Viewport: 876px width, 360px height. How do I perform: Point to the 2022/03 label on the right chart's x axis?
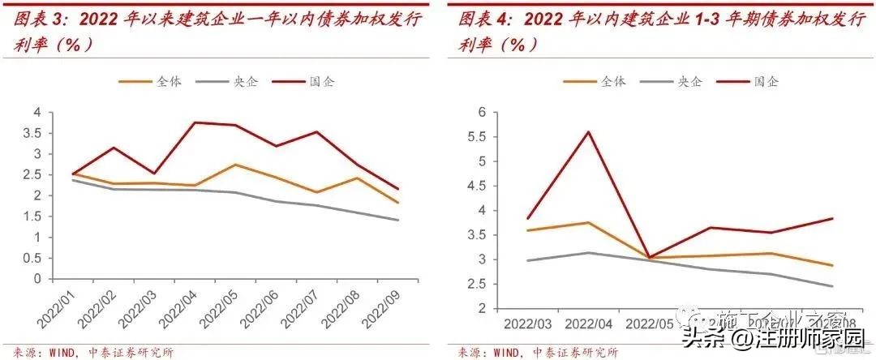coord(526,324)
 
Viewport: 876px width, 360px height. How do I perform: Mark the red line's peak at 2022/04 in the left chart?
coord(195,122)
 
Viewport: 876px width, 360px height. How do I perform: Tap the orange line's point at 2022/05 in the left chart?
coord(235,165)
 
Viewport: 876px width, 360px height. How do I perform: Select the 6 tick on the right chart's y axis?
coord(482,112)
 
